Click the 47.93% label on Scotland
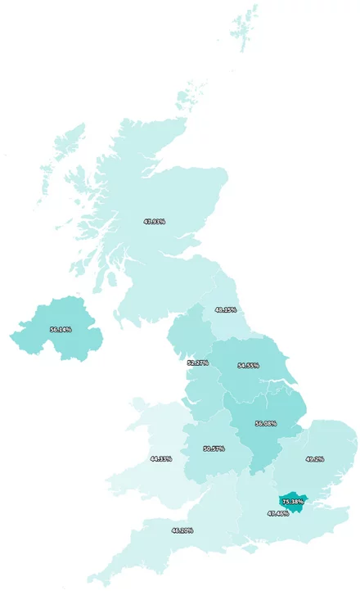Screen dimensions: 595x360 (x=154, y=221)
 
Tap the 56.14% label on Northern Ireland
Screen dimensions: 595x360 (x=61, y=329)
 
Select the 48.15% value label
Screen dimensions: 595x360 (x=225, y=310)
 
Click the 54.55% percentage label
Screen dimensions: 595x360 (x=248, y=365)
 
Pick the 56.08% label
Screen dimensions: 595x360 (x=265, y=423)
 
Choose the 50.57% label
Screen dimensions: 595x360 (x=214, y=449)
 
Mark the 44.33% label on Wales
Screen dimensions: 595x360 (x=160, y=458)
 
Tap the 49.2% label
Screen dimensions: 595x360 (x=314, y=459)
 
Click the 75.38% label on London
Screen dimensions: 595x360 (x=292, y=501)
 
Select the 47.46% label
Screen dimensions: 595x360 (x=277, y=513)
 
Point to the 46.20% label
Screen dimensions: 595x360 (x=182, y=530)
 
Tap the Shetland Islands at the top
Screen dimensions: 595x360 (x=244, y=29)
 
